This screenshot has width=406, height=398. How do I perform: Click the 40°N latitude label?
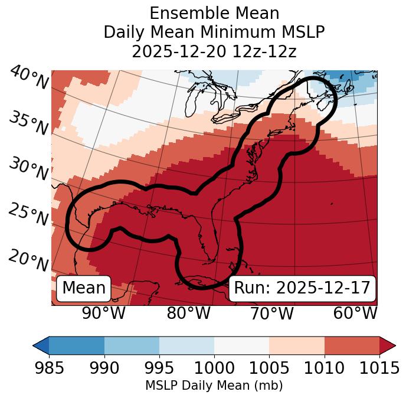pos(28,78)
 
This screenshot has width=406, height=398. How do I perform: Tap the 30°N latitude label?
pos(28,170)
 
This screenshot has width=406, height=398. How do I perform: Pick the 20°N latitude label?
pos(28,260)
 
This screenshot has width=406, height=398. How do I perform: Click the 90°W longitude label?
pos(103,313)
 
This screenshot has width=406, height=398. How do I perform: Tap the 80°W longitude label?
pos(188,313)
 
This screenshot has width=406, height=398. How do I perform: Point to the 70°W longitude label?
pos(271,313)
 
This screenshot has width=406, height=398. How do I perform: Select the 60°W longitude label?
pos(355,313)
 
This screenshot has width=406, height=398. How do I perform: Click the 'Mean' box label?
pos(84,288)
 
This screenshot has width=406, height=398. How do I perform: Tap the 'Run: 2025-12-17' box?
pos(302,288)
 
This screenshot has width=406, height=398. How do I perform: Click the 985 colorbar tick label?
pos(49,368)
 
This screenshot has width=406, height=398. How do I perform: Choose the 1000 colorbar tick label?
pos(214,368)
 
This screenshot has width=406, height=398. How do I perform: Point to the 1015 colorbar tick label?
pos(379,368)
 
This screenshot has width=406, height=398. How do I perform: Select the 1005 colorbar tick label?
pos(269,368)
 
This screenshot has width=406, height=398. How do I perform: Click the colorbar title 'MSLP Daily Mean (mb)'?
pos(214,386)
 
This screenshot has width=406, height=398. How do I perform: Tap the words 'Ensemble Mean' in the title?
pos(214,13)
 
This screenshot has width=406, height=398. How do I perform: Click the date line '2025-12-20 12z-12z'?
pos(214,51)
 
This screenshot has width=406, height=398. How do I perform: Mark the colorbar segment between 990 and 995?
pos(132,345)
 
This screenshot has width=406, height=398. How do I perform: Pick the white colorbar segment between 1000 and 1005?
pos(241,345)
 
